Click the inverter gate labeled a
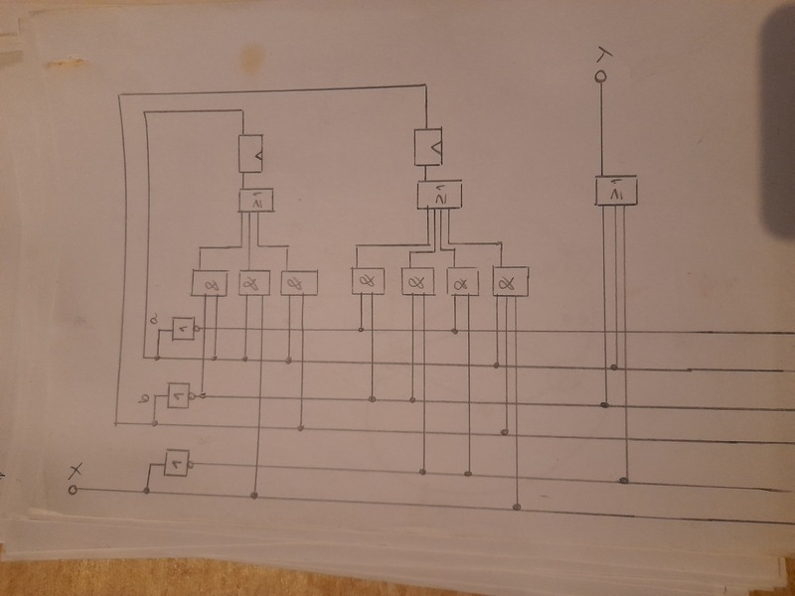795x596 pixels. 184,328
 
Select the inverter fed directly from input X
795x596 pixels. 176,459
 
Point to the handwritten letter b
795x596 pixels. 145,399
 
